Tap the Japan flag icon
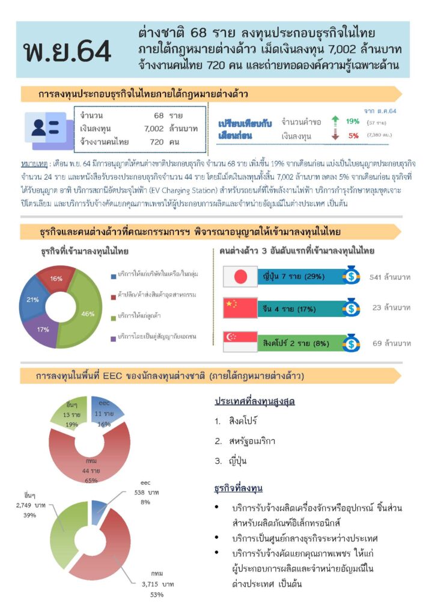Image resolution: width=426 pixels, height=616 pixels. tap(240, 276)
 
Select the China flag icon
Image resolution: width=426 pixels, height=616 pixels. tap(240, 308)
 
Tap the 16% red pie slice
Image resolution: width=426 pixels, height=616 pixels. tap(56, 279)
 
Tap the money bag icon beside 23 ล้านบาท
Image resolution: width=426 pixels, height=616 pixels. tap(351, 309)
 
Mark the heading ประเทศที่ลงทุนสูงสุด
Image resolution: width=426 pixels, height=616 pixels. tap(255, 401)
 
